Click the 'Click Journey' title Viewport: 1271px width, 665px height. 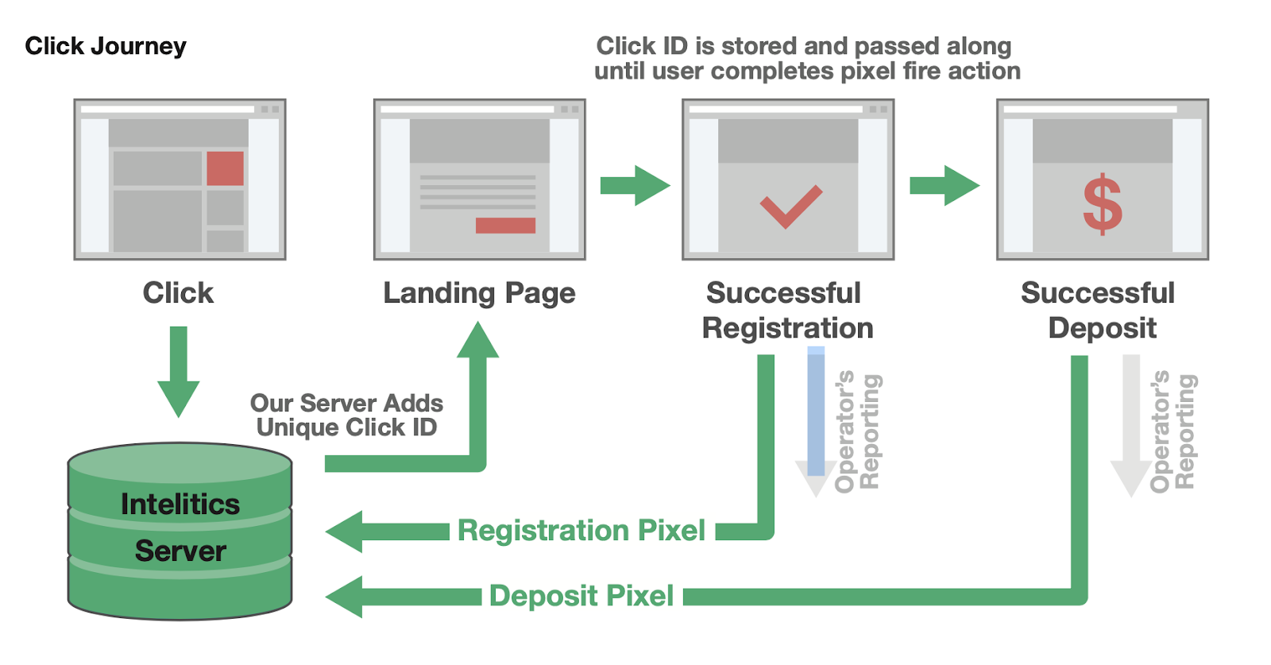tap(106, 46)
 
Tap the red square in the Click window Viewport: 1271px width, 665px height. tap(225, 168)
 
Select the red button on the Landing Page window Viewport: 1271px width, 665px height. tap(505, 226)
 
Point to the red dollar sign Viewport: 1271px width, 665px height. tap(1103, 206)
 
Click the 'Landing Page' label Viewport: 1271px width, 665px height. tap(479, 293)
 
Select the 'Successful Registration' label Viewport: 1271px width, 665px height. tap(786, 311)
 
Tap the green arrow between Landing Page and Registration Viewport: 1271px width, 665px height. tap(635, 186)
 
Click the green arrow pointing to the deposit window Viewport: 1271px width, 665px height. tap(945, 186)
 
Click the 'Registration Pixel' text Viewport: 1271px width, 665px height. tap(581, 531)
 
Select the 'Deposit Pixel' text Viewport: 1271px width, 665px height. tap(581, 596)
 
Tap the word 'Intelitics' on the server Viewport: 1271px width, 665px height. tap(180, 505)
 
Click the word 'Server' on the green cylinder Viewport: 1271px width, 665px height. tap(180, 551)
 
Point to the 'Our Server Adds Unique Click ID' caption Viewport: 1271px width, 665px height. tap(346, 416)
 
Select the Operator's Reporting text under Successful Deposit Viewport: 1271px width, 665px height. tap(1172, 431)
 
